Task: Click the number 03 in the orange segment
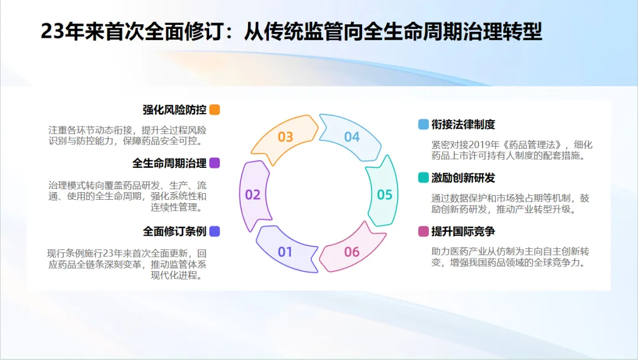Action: (x=285, y=137)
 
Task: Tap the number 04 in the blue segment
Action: (x=352, y=137)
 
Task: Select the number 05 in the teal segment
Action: (x=385, y=194)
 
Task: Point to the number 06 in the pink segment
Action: (x=352, y=252)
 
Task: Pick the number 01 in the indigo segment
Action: (x=285, y=252)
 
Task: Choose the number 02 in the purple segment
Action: (x=253, y=194)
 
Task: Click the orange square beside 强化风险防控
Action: (x=214, y=109)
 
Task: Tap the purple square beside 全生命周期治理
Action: (x=214, y=163)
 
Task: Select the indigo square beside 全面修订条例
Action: (x=214, y=231)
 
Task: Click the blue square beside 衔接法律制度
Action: (x=423, y=124)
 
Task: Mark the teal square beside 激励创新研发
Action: (x=423, y=177)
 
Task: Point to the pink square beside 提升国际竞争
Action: (x=423, y=231)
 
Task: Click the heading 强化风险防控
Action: (x=174, y=109)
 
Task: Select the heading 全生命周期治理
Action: (x=170, y=163)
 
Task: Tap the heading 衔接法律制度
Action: (x=463, y=124)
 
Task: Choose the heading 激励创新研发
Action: (x=463, y=177)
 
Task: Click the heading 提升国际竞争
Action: (x=463, y=231)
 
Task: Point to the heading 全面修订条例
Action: (x=174, y=231)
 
